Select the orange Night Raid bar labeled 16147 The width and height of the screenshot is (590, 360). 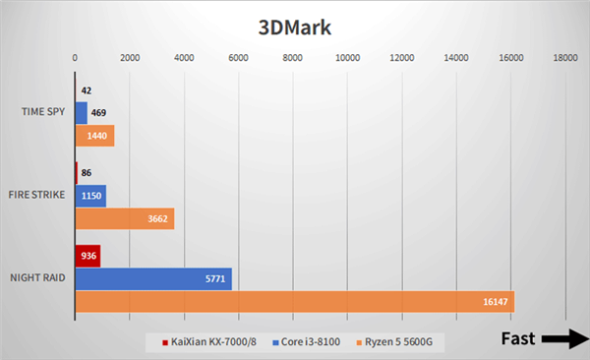(x=294, y=301)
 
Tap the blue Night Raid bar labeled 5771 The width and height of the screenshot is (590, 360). (x=153, y=278)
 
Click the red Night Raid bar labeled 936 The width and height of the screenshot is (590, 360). (x=88, y=256)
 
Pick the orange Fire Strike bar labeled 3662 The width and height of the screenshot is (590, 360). (x=124, y=218)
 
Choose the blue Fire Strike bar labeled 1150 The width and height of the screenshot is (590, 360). (x=90, y=195)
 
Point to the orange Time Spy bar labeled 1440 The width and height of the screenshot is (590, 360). (x=94, y=136)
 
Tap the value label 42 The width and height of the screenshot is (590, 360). (x=88, y=90)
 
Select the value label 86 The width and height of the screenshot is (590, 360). (x=88, y=172)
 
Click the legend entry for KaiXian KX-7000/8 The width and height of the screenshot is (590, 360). (x=209, y=341)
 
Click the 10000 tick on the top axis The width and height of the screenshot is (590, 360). (x=347, y=58)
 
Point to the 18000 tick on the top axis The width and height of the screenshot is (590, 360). (x=564, y=58)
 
